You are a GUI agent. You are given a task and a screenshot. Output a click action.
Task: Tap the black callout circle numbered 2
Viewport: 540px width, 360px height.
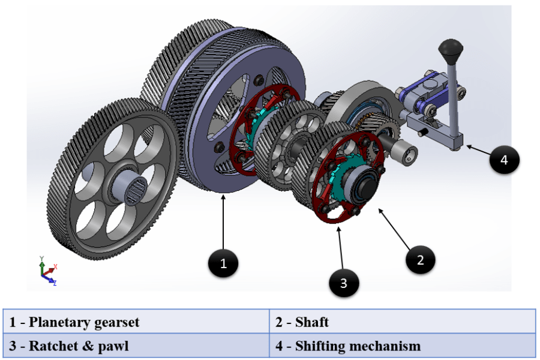(x=420, y=259)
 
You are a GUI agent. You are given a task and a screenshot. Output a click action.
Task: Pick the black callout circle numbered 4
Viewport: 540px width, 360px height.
(x=504, y=160)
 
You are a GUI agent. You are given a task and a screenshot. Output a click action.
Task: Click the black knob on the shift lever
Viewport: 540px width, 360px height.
(x=449, y=47)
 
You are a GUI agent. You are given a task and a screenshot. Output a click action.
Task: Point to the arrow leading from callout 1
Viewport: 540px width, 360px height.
(x=224, y=222)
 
